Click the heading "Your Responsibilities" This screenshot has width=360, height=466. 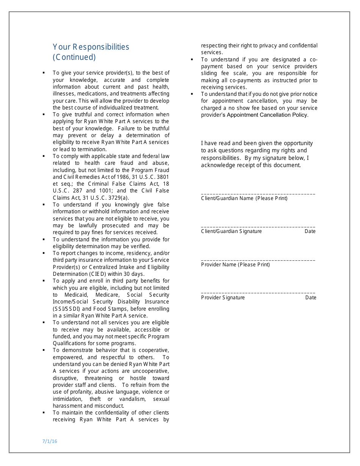click(91, 47)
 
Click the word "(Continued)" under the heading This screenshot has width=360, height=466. click(74, 57)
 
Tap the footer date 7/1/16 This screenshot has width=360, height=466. click(50, 441)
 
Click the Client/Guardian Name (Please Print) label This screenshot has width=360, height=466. click(244, 199)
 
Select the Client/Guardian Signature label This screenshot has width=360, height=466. click(231, 231)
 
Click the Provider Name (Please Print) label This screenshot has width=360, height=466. click(235, 265)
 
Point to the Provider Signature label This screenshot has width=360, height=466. click(223, 298)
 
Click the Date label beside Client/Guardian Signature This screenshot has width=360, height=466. click(310, 231)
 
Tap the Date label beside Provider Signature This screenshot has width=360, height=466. click(310, 298)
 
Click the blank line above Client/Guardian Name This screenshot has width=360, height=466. click(258, 194)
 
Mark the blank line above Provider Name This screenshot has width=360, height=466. click(258, 260)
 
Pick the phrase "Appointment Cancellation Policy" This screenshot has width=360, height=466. click(267, 115)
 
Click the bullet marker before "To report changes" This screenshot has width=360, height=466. click(44, 253)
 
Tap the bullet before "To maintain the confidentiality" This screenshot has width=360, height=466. click(44, 413)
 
